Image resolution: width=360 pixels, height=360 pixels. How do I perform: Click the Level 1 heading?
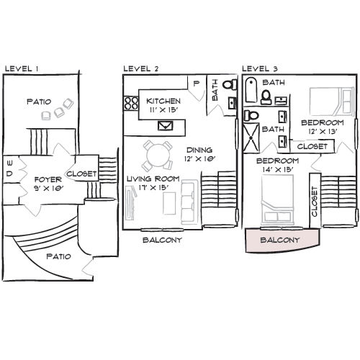(x=22, y=69)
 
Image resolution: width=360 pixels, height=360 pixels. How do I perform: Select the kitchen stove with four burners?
(x=131, y=104)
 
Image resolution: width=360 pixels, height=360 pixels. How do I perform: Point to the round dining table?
(x=157, y=153)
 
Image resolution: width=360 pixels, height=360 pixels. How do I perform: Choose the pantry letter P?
(x=196, y=83)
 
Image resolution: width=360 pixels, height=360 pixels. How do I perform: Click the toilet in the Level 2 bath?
(x=230, y=84)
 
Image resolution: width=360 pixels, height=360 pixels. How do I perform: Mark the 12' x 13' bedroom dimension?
(x=323, y=132)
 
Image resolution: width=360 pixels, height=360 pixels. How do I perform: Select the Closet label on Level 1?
(x=82, y=174)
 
